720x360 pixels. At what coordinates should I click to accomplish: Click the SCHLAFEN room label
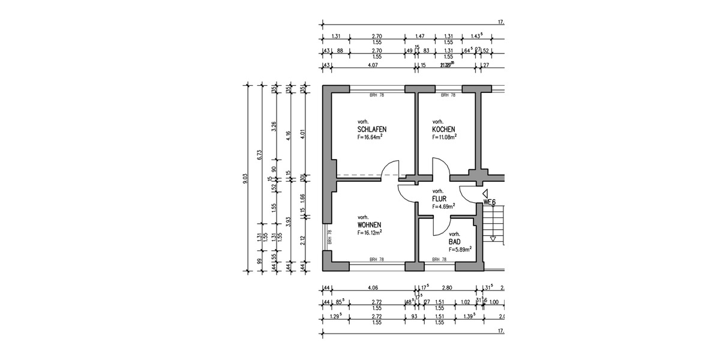coord(371,130)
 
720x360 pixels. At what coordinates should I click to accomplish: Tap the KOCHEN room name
coord(443,130)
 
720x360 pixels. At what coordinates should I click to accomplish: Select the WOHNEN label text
coord(370,225)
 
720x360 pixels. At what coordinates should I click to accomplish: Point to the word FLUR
coord(440,199)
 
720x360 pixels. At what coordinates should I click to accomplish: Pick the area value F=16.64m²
coord(370,137)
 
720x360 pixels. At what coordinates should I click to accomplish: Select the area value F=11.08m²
coord(445,137)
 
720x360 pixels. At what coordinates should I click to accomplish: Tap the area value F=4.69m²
coord(443,206)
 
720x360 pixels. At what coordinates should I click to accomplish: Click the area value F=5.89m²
coord(460,248)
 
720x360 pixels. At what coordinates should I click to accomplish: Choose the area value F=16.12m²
coord(370,232)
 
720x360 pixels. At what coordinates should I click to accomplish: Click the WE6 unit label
coord(490,202)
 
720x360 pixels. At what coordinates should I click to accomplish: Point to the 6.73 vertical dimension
coord(259,154)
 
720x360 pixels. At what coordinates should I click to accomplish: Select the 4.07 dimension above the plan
coord(372,65)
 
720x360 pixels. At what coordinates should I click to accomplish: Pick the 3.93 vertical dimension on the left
coord(290,223)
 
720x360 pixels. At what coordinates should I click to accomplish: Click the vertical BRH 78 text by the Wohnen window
coord(329,237)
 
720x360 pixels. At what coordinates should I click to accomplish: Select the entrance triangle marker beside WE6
coord(483,194)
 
